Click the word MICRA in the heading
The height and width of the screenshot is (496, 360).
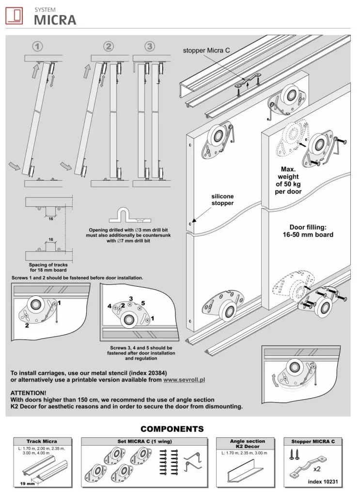point(55,20)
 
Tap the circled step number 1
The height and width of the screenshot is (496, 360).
point(37,46)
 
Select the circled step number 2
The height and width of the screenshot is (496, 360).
point(109,46)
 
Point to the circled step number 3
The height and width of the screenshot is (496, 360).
point(150,46)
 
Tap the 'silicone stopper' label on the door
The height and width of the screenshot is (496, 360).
point(222,200)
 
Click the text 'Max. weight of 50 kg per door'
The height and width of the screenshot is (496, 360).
point(289,180)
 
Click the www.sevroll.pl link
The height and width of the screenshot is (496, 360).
point(184,380)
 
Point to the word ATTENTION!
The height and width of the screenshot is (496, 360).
point(29,392)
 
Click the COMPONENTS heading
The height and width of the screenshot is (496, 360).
point(172,429)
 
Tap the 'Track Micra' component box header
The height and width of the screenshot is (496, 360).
point(42,441)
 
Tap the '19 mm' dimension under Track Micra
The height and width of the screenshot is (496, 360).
point(27,484)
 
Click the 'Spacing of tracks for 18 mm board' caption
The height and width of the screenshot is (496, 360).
point(49,268)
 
